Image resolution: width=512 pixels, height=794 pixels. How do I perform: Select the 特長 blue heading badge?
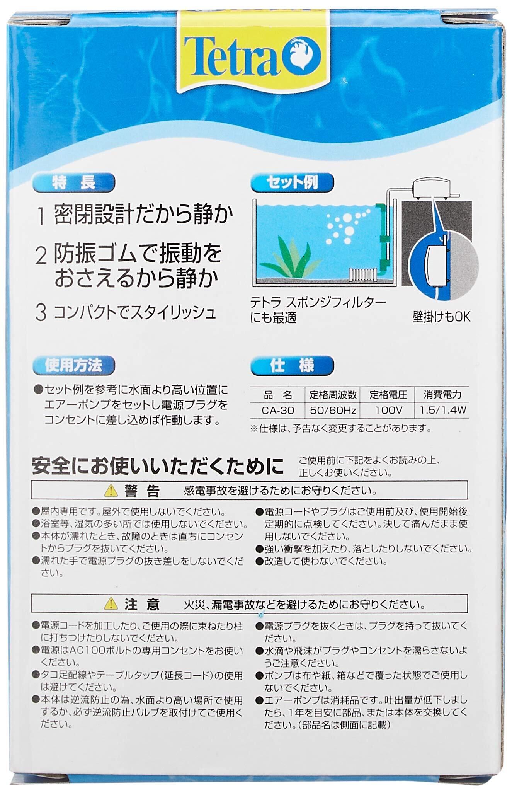point(74,183)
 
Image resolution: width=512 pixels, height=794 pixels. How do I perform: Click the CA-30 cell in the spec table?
point(278,410)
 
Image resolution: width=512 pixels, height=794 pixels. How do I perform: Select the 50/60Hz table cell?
point(333,410)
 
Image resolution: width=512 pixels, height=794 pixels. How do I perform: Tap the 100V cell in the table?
point(388,410)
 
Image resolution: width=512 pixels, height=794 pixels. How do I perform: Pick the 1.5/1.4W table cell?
point(443,410)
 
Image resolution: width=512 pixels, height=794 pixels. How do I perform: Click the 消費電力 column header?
point(442,395)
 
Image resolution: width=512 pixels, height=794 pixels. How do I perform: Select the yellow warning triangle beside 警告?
point(111,491)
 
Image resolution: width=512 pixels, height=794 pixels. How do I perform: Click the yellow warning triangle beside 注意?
point(111,603)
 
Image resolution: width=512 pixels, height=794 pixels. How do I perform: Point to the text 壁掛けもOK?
point(442,317)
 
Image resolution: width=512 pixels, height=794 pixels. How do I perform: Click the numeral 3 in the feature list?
point(41,313)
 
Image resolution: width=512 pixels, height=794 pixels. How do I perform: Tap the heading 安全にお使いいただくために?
point(158,466)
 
